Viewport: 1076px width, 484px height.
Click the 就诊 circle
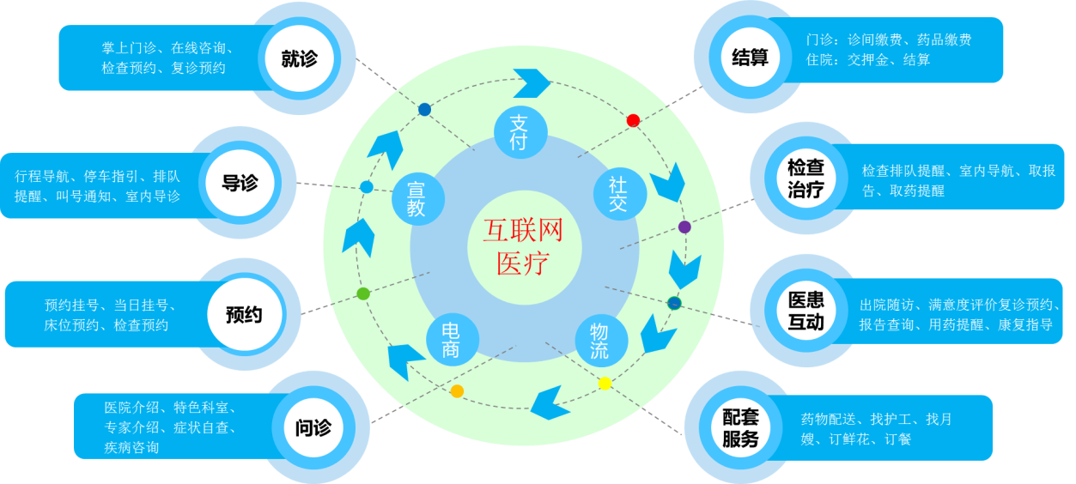[x=299, y=58]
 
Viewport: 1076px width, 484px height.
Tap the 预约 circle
[x=243, y=315]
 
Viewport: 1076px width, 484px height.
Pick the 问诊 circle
[x=313, y=427]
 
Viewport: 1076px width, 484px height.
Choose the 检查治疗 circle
[x=805, y=178]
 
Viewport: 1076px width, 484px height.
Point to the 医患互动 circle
[x=805, y=311]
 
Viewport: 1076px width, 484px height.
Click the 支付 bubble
[x=520, y=133]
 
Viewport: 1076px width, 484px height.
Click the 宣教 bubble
[x=416, y=198]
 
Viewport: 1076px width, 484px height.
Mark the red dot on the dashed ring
[x=633, y=120]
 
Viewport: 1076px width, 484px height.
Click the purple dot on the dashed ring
[x=684, y=227]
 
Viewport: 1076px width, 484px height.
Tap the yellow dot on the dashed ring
[x=605, y=384]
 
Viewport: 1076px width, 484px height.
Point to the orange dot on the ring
[x=457, y=391]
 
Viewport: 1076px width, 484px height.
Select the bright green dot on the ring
[x=363, y=293]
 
